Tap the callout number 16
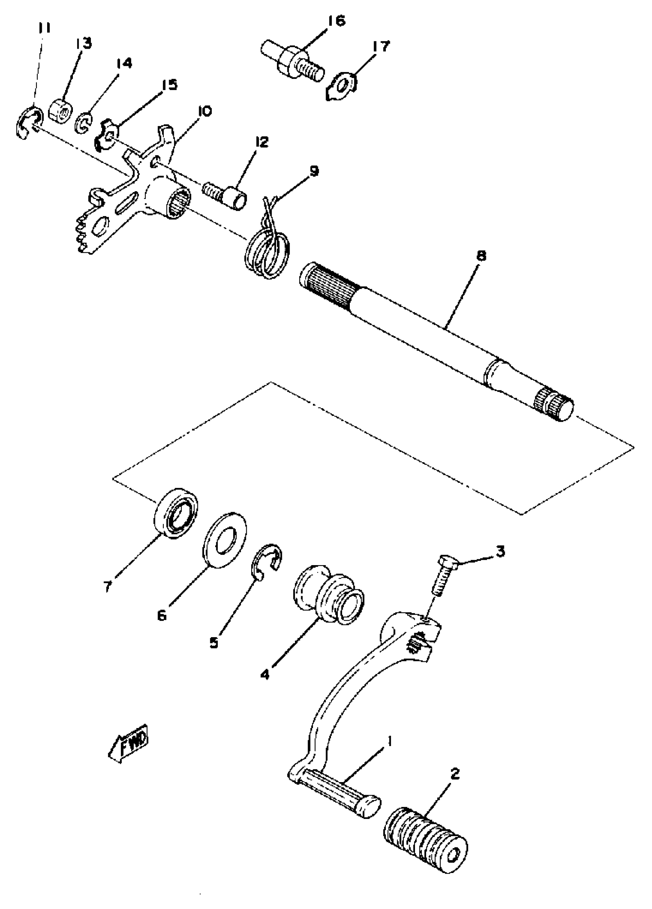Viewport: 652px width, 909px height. pyautogui.click(x=336, y=21)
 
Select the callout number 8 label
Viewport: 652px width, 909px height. pyautogui.click(x=481, y=255)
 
